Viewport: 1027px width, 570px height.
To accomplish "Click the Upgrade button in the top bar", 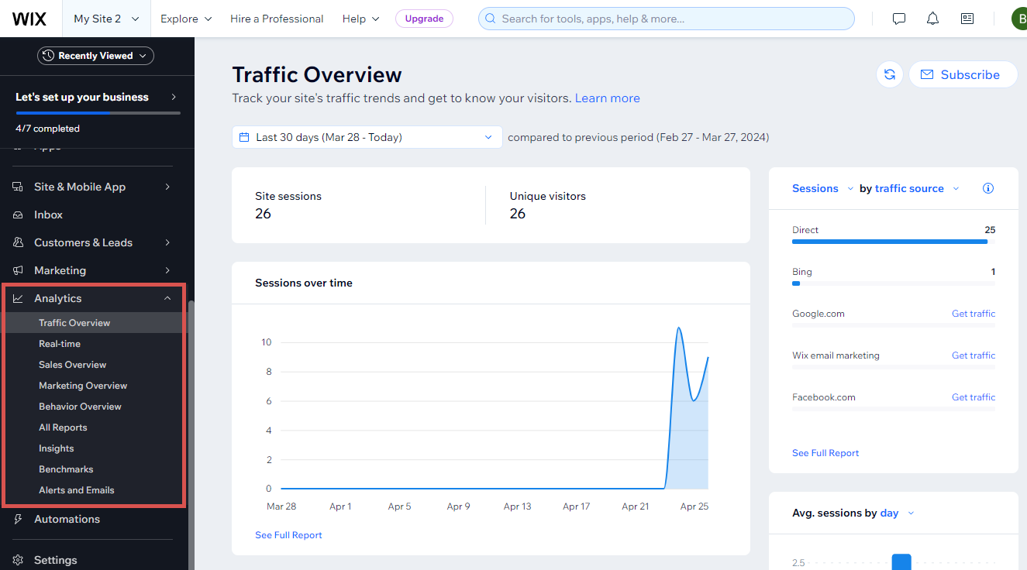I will (x=424, y=19).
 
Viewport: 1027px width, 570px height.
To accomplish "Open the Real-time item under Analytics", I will (x=60, y=344).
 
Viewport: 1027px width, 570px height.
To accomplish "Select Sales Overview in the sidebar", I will (x=73, y=365).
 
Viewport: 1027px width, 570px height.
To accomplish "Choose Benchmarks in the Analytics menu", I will (x=66, y=469).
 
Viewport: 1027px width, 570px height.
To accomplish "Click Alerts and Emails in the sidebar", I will (x=77, y=490).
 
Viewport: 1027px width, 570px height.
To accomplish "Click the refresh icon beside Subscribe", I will (x=890, y=74).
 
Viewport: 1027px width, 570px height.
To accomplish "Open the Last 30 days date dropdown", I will (x=367, y=137).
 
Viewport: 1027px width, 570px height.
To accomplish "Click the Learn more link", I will (x=607, y=98).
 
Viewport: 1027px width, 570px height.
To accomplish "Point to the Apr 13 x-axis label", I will (x=517, y=506).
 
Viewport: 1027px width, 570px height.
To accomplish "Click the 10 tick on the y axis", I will (x=266, y=342).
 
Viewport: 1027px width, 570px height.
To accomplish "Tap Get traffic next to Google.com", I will (x=973, y=314).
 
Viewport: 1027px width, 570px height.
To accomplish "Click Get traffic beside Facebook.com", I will (x=973, y=397).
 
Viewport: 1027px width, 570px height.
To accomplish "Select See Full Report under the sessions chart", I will (x=288, y=535).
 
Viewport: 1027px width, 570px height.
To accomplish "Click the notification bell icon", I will (x=932, y=19).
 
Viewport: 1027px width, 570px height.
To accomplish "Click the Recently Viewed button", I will (x=95, y=56).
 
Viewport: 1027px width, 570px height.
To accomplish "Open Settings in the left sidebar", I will (x=56, y=560).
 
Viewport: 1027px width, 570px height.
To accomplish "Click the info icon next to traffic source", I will (x=987, y=188).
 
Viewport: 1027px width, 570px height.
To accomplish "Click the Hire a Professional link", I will (x=277, y=19).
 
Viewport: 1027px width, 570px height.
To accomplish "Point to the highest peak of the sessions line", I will (x=679, y=328).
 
